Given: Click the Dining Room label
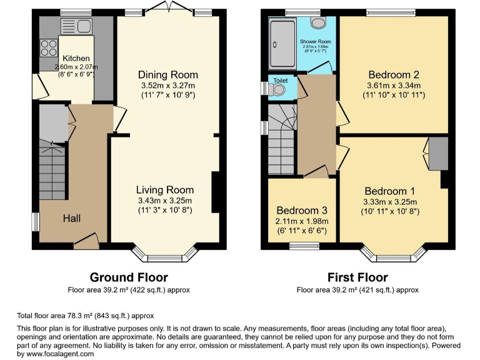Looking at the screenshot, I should [x=167, y=74].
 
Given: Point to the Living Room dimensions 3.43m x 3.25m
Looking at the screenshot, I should [x=166, y=201].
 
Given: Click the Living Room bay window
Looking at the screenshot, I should [x=165, y=255].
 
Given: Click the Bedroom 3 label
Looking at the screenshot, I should [x=302, y=211].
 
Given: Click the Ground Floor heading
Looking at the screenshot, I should [x=129, y=277].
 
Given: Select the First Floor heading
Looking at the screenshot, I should [x=357, y=277].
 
